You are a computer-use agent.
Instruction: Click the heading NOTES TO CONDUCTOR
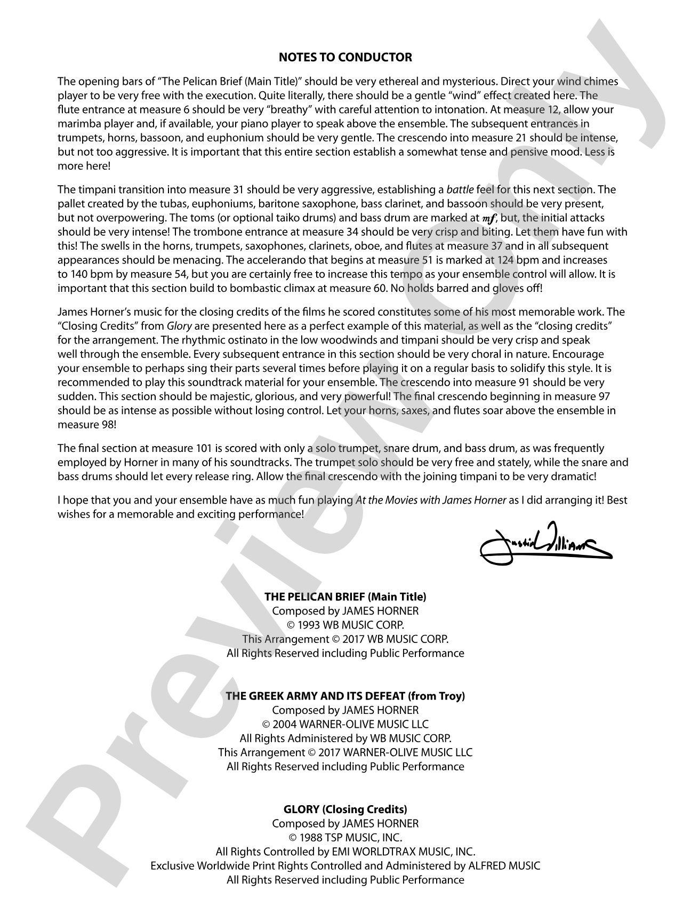[x=345, y=57]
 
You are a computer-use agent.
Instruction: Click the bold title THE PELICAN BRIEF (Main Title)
[x=345, y=597]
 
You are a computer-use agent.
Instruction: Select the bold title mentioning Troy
[x=345, y=696]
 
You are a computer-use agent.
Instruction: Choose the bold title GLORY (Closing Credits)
[x=345, y=809]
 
